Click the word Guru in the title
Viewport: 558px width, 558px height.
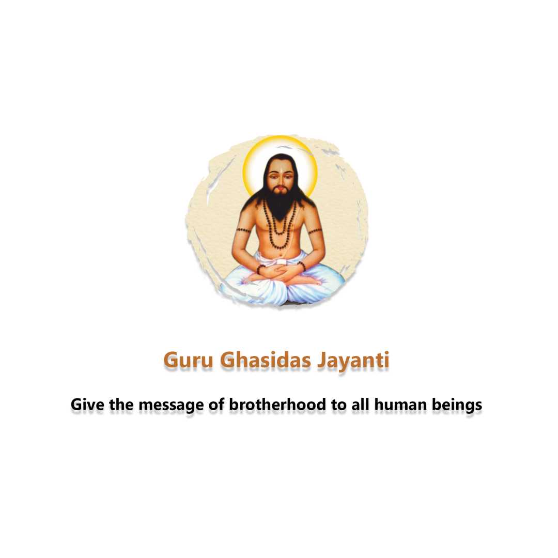coord(188,360)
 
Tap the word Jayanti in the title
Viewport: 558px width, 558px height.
coord(353,361)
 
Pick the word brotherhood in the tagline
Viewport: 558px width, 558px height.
coord(277,405)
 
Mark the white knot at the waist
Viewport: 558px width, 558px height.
coord(282,262)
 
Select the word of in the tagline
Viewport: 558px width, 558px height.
coord(216,405)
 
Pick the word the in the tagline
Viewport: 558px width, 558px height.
coord(121,405)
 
